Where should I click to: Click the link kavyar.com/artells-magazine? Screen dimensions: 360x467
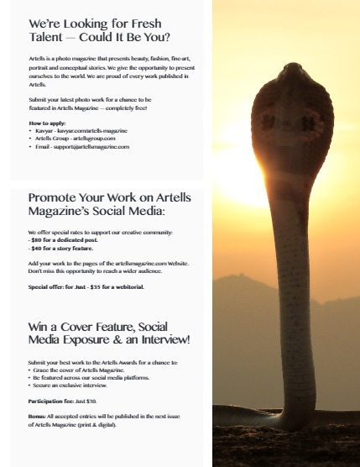[x=93, y=131]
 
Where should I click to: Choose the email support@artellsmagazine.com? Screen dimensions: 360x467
[x=91, y=146]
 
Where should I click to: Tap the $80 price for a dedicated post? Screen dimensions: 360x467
[x=37, y=240]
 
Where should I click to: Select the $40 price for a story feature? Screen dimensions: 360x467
[x=37, y=249]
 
